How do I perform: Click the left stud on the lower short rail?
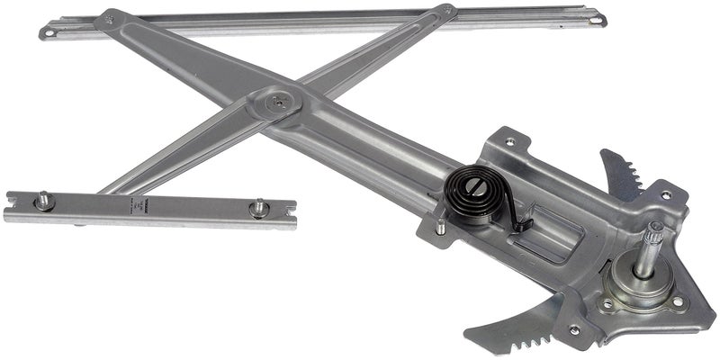tap(43, 200)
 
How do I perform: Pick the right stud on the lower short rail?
tap(258, 209)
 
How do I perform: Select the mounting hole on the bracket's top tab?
tap(510, 141)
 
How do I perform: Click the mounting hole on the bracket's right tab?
tap(667, 193)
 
